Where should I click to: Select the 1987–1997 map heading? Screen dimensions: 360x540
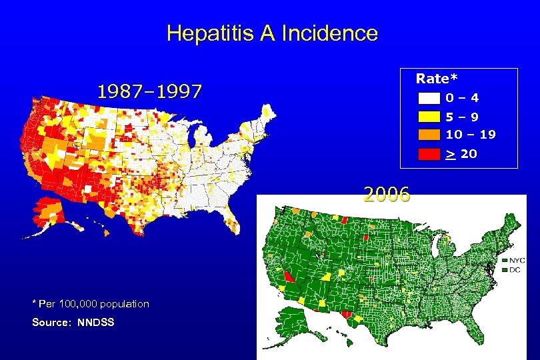point(149,92)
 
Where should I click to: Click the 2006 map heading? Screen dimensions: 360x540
point(387,195)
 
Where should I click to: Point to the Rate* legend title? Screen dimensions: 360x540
point(432,79)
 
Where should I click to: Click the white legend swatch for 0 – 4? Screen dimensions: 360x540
point(429,99)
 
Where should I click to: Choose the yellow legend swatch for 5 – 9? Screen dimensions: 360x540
point(429,116)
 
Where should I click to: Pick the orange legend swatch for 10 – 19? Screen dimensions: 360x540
point(429,134)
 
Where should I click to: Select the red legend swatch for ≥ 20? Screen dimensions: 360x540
point(429,154)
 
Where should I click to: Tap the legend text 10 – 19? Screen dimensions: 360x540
point(471,134)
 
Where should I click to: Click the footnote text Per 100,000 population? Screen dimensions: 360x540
point(93,304)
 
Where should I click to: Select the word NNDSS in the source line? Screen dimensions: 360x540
point(96,323)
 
